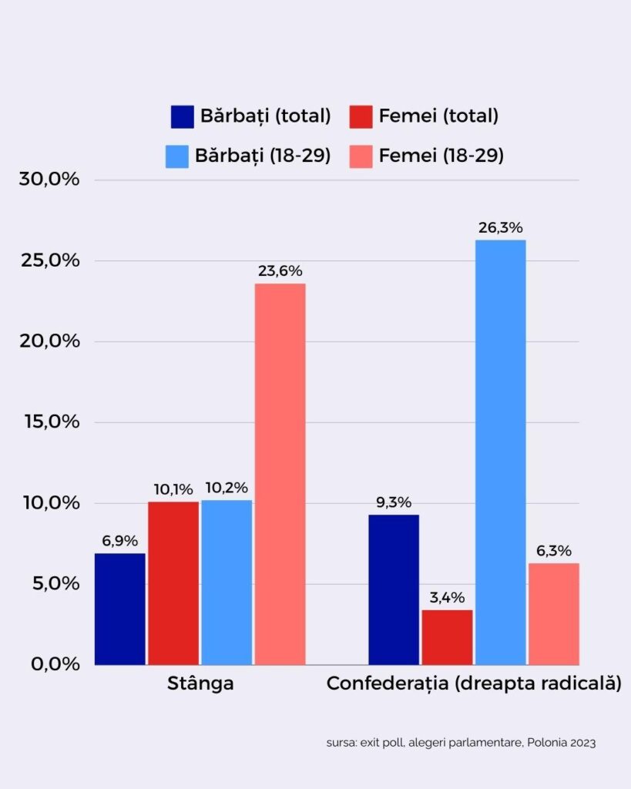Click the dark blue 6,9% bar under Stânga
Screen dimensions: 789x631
click(120, 609)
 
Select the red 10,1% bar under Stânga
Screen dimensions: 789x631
click(173, 583)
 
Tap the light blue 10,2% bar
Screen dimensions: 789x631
click(227, 583)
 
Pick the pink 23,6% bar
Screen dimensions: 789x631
click(280, 474)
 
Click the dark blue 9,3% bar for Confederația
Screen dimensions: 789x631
click(394, 589)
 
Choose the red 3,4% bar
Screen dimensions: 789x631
click(447, 637)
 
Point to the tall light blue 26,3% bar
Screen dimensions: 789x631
click(500, 452)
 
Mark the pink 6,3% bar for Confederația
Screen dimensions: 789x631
click(553, 614)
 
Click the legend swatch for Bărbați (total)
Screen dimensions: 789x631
click(183, 116)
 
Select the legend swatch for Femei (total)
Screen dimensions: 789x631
click(361, 116)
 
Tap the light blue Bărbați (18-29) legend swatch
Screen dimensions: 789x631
click(177, 156)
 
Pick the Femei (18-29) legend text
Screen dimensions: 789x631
click(441, 156)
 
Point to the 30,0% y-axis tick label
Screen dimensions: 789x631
click(49, 180)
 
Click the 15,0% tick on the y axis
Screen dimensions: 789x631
click(49, 422)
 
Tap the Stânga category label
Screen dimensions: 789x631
click(200, 684)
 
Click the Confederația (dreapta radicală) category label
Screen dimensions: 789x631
click(474, 684)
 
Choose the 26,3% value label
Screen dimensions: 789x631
click(501, 228)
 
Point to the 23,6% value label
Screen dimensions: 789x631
click(280, 271)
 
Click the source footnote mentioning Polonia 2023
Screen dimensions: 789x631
click(461, 744)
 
